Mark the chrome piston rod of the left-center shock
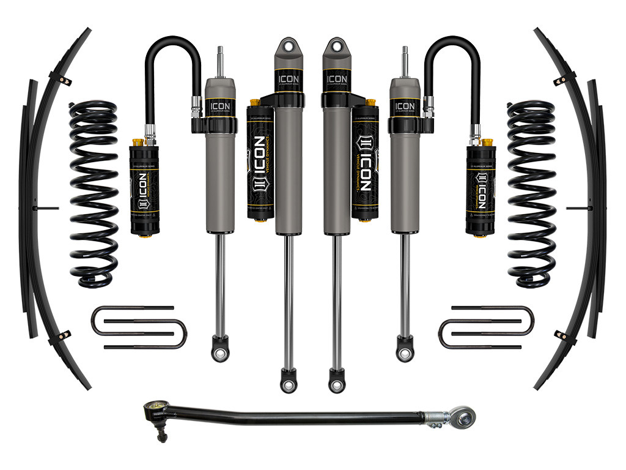[287, 300]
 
